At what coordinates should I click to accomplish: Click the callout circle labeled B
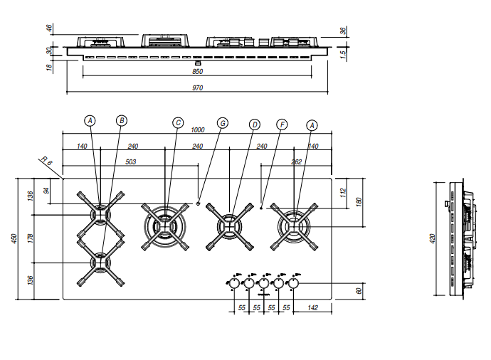coord(122,120)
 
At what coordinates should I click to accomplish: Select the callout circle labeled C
coord(178,122)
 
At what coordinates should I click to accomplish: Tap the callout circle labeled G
coord(223,123)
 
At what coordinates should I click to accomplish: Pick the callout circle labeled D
coord(255,125)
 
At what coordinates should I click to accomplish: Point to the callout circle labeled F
coord(282,125)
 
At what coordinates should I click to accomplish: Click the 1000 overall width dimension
coord(198,129)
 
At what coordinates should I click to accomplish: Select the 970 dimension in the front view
coord(197,88)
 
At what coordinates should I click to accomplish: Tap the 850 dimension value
coord(197,72)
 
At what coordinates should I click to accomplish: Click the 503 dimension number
coord(131,162)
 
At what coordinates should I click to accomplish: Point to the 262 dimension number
coord(296,162)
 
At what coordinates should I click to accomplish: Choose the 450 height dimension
coord(14,238)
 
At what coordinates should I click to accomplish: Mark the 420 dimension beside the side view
coord(433,239)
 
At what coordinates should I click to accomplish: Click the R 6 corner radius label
coord(46,161)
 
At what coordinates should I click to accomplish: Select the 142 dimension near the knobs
coord(312,308)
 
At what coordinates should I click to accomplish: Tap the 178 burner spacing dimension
coord(31,239)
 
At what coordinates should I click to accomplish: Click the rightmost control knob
coord(293,283)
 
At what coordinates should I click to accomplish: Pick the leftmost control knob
coord(234,283)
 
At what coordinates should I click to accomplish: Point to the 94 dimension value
coord(47,191)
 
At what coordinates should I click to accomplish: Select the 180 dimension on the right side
coord(359,202)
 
